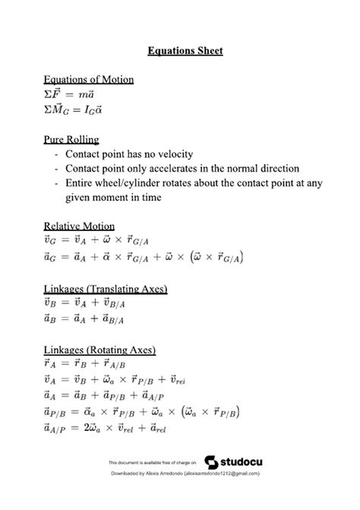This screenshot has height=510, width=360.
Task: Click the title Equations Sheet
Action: pos(185,51)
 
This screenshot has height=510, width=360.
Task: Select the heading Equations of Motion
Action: pos(89,80)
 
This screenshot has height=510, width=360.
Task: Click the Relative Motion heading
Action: pos(79,226)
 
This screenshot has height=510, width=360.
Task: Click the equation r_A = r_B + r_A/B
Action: pos(88,366)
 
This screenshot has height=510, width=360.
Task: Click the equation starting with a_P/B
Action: pos(142,413)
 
